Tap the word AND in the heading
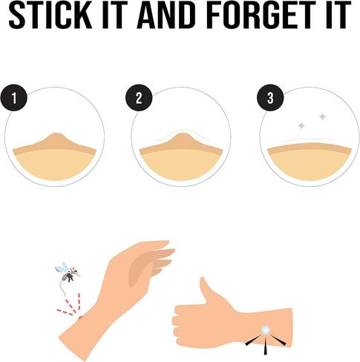[x=165, y=15]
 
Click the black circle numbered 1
[x=14, y=98]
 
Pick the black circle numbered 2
[x=139, y=98]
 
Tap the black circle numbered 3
[x=270, y=98]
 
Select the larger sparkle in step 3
[x=322, y=116]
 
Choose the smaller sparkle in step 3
[x=301, y=126]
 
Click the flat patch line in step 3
[x=308, y=139]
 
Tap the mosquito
[x=68, y=274]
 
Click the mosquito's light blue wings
[x=62, y=267]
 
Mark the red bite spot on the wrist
[x=80, y=317]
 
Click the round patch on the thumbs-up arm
[x=266, y=330]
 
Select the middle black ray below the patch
[x=266, y=346]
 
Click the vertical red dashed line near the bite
[x=79, y=301]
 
